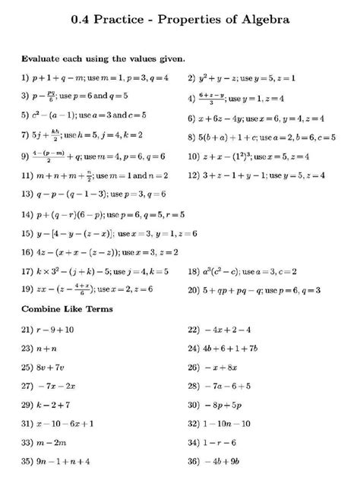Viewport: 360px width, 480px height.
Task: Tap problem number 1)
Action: (x=26, y=77)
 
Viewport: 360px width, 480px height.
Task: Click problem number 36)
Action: (x=193, y=460)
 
